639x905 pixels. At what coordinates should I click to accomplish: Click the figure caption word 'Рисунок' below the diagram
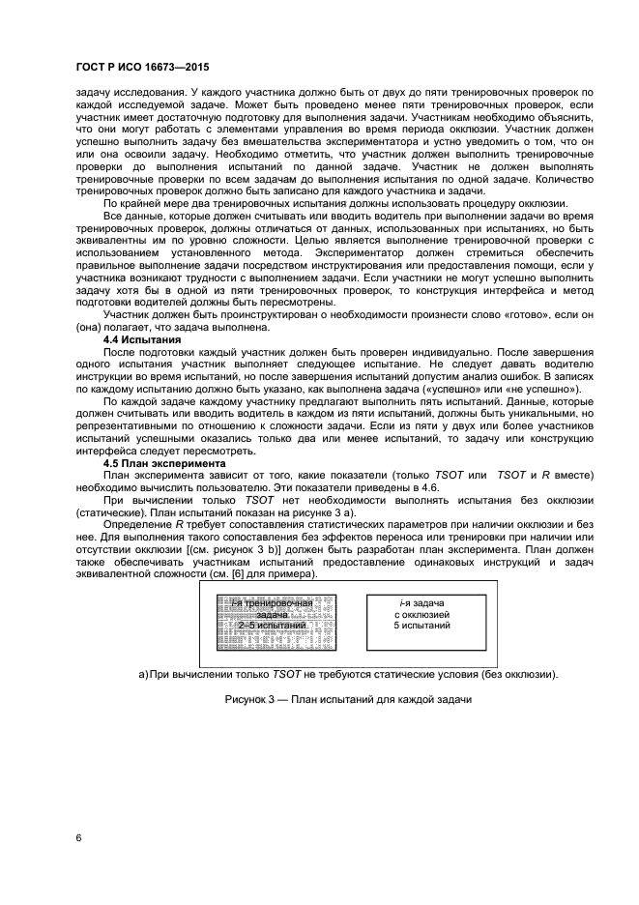pos(247,698)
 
